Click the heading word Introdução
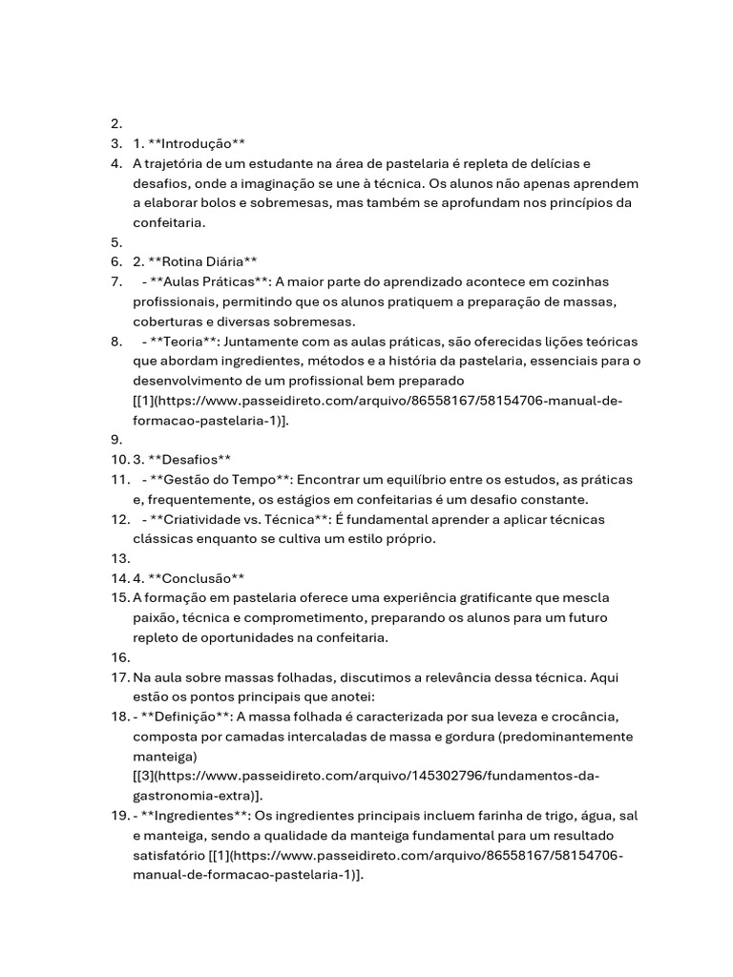tap(198, 143)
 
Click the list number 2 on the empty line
tap(116, 124)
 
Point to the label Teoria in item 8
tap(184, 341)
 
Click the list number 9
tap(116, 440)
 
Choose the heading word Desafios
tap(187, 459)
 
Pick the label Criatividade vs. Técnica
tap(240, 519)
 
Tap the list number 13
tap(119, 558)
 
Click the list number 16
tap(119, 657)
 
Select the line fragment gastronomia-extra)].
tap(199, 796)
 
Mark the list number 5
tap(116, 242)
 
